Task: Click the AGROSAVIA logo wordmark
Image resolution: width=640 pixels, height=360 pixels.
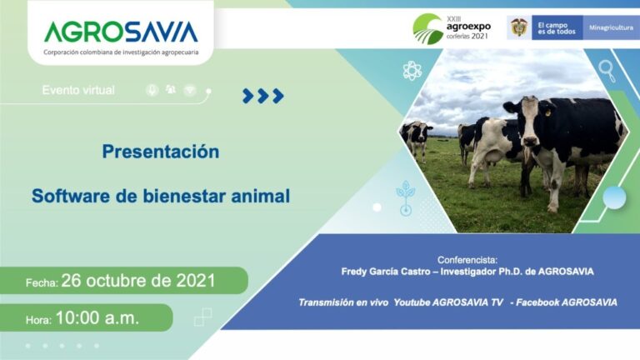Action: tap(121, 32)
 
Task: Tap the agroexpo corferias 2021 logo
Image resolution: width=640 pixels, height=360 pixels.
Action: tap(452, 27)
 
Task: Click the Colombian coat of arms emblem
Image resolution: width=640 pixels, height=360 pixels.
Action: tap(518, 27)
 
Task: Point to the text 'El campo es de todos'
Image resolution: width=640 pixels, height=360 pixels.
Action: tap(556, 27)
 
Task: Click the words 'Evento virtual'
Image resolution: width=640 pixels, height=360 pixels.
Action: tap(78, 90)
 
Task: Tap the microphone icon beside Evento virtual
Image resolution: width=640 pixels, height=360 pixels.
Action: tap(152, 90)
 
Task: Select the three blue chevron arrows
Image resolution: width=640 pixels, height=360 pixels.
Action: tap(262, 96)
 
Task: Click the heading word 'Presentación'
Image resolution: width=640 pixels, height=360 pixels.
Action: tap(161, 152)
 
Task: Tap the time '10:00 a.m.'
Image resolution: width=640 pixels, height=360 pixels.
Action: tap(97, 317)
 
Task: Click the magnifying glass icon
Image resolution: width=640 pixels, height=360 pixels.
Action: tap(607, 71)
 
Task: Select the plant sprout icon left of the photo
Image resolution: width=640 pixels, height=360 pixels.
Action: tap(405, 196)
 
